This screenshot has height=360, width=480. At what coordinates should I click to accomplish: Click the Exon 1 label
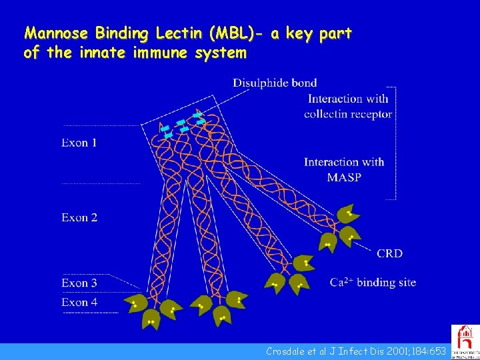click(x=79, y=143)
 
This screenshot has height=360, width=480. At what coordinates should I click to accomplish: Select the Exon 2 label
click(x=79, y=217)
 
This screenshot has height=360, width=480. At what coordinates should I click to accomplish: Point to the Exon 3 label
click(x=79, y=283)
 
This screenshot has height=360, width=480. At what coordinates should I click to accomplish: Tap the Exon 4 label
click(x=79, y=302)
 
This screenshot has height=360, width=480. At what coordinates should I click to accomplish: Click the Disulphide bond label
click(x=275, y=83)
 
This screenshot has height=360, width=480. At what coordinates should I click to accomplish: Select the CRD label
click(x=389, y=253)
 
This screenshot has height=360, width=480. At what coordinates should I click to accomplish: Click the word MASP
click(x=344, y=177)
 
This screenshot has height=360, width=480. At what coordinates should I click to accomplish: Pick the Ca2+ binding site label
click(x=373, y=282)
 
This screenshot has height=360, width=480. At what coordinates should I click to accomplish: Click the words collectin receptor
click(x=347, y=113)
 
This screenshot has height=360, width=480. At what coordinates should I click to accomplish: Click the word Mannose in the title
click(x=49, y=33)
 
